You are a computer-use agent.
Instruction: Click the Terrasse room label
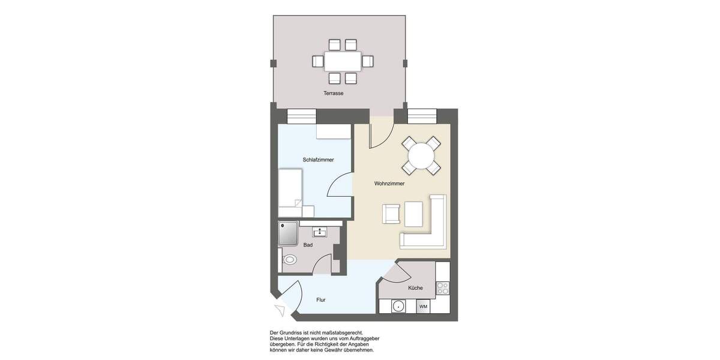pos(333,94)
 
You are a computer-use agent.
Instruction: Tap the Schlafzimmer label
pos(318,160)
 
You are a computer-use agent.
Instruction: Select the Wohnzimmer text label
pos(389,184)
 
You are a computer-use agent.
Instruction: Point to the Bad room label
pos(308,245)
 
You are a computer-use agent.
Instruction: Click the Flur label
pos(320,299)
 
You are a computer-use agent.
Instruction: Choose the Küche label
pos(415,288)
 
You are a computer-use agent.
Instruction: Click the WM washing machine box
pos(423,307)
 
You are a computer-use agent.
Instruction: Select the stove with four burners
pos(443,288)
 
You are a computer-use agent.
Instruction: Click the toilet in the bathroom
pos(289,260)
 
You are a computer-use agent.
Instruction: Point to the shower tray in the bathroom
pos(289,233)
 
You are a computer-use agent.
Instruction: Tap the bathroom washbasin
pos(320,232)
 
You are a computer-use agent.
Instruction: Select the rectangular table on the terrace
pos(343,61)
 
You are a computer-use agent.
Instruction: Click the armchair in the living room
pos(392,214)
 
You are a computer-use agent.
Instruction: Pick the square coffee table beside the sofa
pos(414,212)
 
